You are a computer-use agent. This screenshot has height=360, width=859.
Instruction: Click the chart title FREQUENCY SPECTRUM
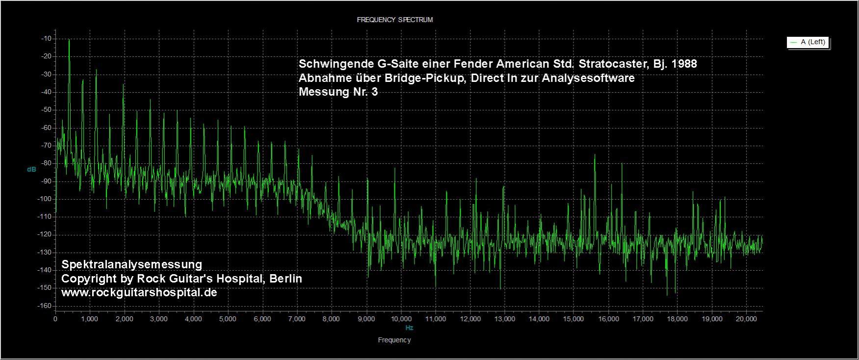click(394, 20)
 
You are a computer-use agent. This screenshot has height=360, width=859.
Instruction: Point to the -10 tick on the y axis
click(48, 38)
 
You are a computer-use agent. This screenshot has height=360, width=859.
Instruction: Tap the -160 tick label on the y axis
click(46, 306)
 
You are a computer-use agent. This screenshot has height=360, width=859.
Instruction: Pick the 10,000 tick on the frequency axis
click(401, 319)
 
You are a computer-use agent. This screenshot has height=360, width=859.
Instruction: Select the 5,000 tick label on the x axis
click(228, 319)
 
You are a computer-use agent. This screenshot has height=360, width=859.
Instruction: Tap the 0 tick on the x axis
click(55, 319)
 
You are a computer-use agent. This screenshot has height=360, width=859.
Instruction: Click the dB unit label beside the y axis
click(31, 169)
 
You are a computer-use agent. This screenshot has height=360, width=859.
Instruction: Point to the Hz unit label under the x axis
click(409, 328)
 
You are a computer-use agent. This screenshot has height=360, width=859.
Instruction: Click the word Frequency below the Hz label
click(394, 340)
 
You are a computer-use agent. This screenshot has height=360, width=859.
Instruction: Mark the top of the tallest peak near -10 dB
click(69, 40)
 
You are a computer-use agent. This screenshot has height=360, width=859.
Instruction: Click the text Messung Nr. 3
click(338, 92)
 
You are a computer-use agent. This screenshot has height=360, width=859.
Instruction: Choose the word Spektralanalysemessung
click(131, 264)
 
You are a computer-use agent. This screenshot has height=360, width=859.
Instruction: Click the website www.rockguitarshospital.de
click(139, 292)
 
